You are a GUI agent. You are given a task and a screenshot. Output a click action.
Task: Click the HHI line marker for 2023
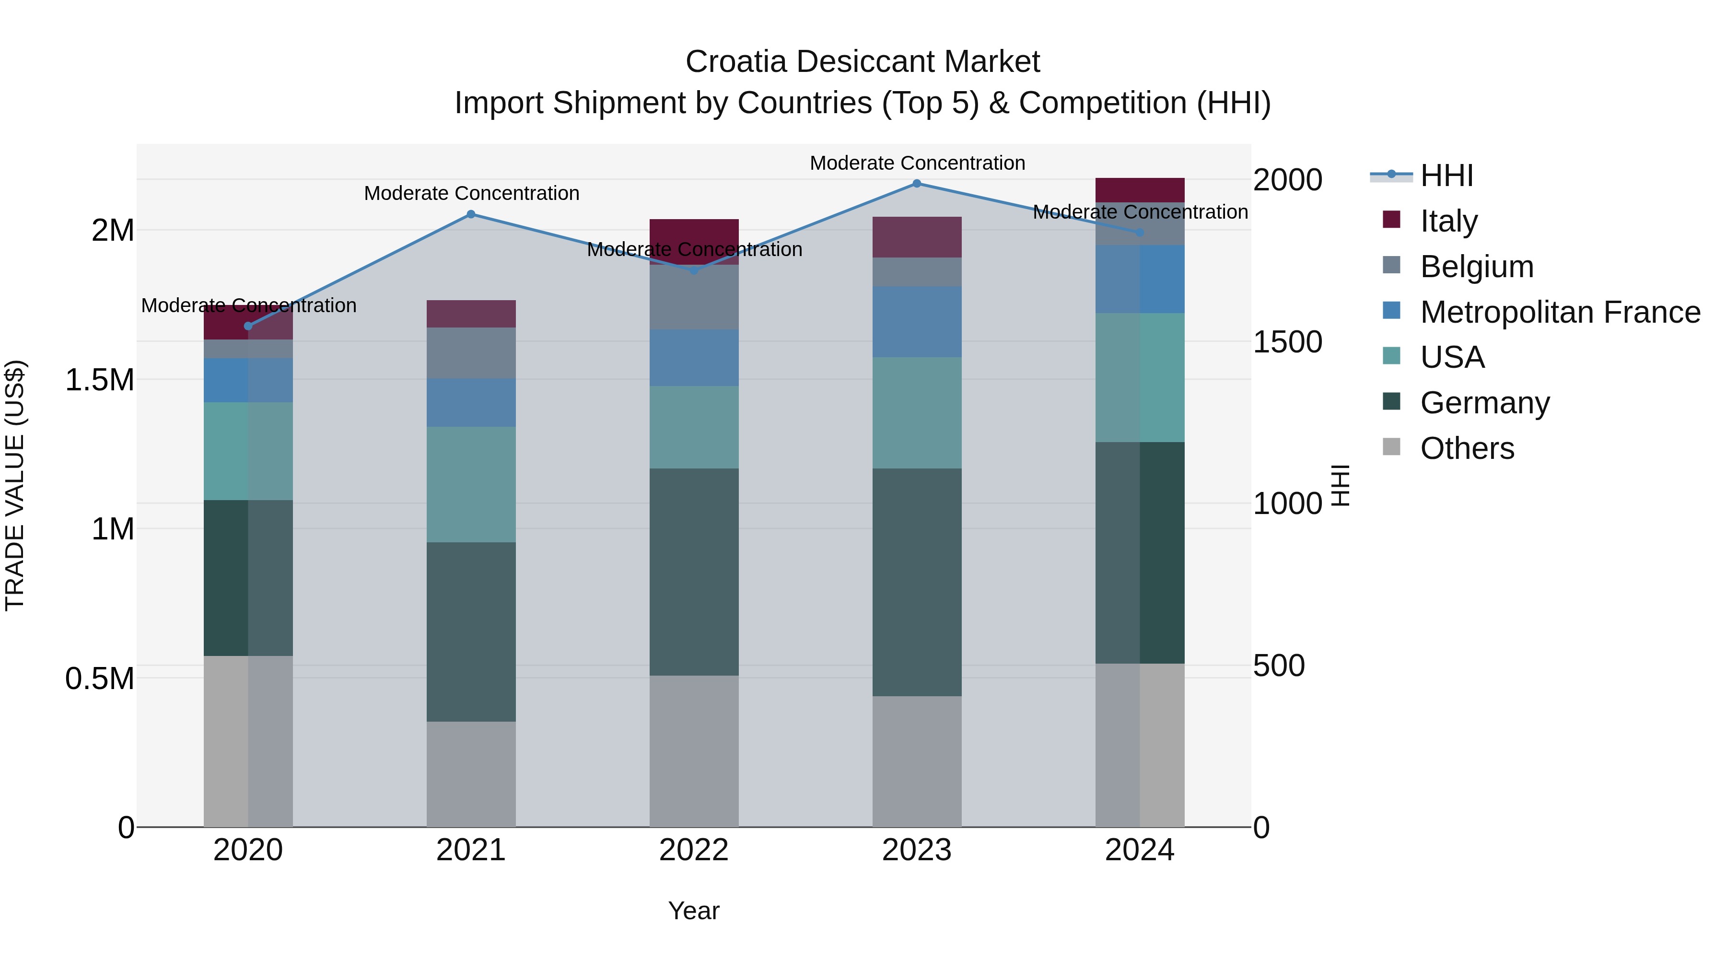pos(917,184)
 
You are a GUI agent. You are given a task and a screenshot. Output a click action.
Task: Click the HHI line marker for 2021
pos(471,214)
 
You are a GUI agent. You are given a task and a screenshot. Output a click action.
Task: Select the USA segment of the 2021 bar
pos(471,484)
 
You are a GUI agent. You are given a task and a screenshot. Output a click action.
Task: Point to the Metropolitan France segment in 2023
pos(917,322)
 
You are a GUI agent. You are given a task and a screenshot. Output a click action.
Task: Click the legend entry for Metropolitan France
pos(1560,312)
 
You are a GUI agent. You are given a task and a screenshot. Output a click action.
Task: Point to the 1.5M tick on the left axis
pos(100,380)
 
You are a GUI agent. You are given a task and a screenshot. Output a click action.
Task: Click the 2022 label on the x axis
pos(694,850)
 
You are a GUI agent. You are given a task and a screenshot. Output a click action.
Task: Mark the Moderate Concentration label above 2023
pos(917,163)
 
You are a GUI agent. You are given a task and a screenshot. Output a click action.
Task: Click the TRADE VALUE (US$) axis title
pos(15,485)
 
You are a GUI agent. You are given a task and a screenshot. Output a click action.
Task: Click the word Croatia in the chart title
pos(735,62)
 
